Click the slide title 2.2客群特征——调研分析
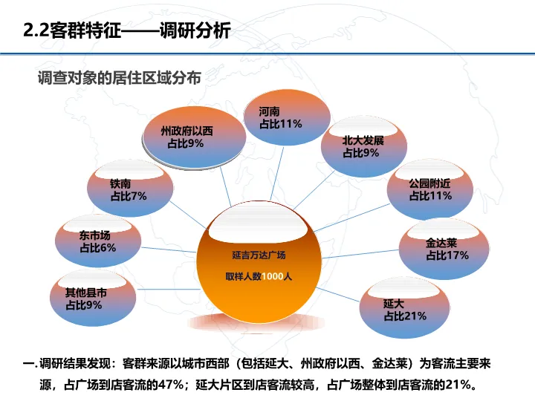coord(127,30)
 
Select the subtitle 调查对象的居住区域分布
coord(120,78)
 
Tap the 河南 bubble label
coord(270,112)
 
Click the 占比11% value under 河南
coord(280,124)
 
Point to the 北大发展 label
coord(363,141)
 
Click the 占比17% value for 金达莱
coord(447,255)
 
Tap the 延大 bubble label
coord(394,304)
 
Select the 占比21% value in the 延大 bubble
coord(405,316)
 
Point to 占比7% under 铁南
coord(129,196)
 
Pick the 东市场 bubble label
coord(95,235)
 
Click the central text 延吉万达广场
coord(259,255)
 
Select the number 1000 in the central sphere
coord(272,276)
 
